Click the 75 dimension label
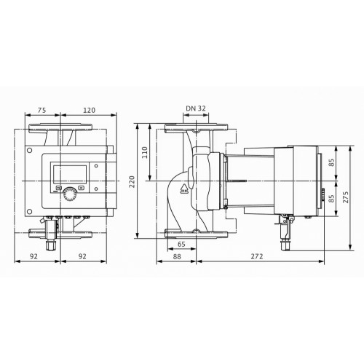41,110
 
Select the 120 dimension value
89,110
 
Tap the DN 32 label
196,108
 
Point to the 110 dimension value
145,152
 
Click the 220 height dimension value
132,181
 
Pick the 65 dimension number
181,244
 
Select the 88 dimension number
177,256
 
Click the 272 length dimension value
257,256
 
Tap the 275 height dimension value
347,197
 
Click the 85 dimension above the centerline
331,162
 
